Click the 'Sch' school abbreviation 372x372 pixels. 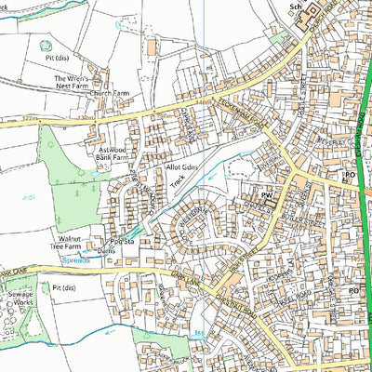[297, 7]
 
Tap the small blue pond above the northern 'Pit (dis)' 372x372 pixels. [44, 42]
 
